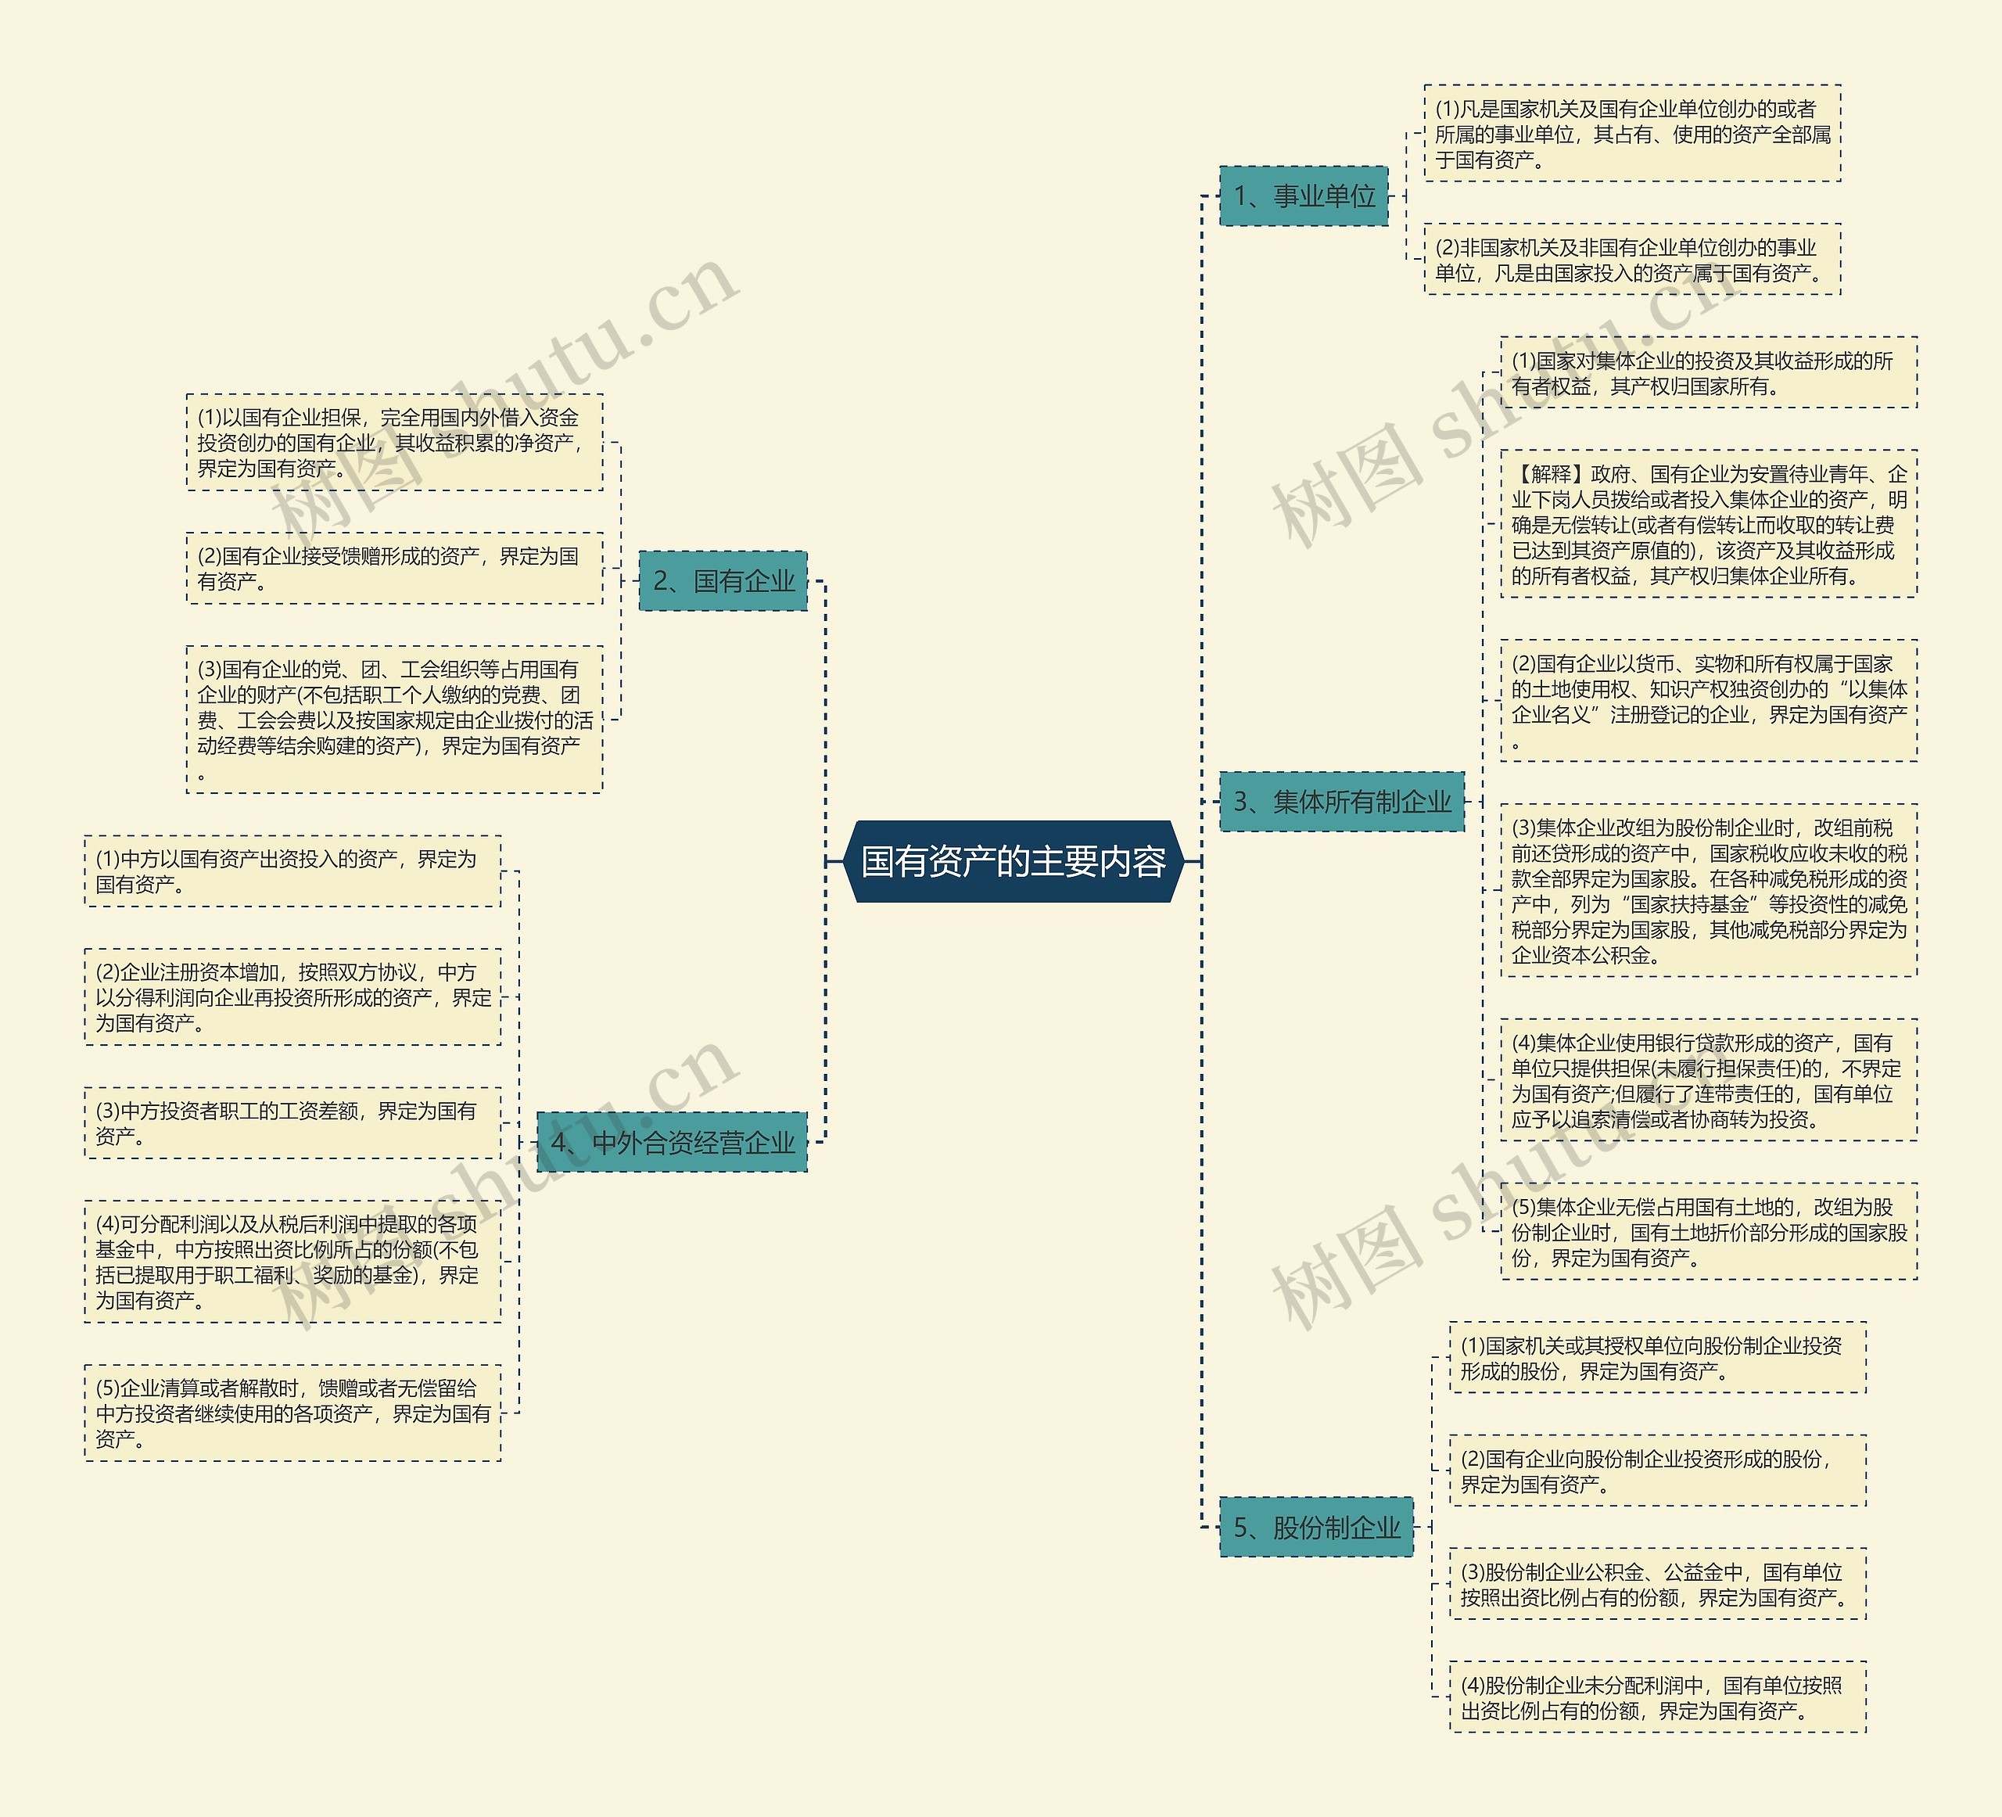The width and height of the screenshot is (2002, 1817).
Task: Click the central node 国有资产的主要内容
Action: [1013, 861]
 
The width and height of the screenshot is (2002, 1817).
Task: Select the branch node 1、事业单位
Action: [1304, 196]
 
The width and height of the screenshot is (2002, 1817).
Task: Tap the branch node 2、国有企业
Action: [723, 581]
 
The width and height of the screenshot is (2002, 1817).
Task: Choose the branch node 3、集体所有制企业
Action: [1342, 802]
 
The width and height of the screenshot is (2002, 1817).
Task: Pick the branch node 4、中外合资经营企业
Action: [673, 1143]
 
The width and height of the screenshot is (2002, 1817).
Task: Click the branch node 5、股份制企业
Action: [1316, 1527]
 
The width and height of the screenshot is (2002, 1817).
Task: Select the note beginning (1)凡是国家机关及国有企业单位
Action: [1631, 134]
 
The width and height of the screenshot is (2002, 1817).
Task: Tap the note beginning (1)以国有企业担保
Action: [394, 443]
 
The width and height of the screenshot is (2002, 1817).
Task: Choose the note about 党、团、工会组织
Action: [394, 720]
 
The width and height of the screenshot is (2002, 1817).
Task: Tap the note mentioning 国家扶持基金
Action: [1708, 891]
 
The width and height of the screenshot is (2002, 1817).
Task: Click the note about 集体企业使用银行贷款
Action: [1708, 1081]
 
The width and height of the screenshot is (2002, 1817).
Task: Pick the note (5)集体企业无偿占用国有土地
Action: [1708, 1232]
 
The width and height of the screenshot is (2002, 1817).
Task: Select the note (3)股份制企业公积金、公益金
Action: [1656, 1585]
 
